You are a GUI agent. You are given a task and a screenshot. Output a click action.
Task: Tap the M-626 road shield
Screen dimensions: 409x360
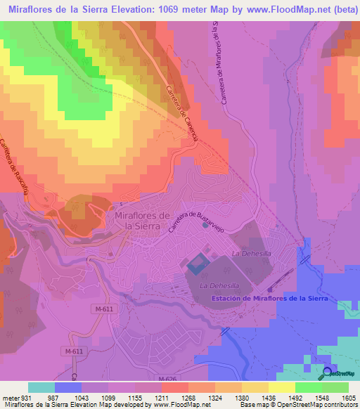167,379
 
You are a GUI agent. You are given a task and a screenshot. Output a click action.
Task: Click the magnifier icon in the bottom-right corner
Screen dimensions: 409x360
328,373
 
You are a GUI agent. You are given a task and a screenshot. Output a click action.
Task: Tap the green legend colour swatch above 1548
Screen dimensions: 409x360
309,387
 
